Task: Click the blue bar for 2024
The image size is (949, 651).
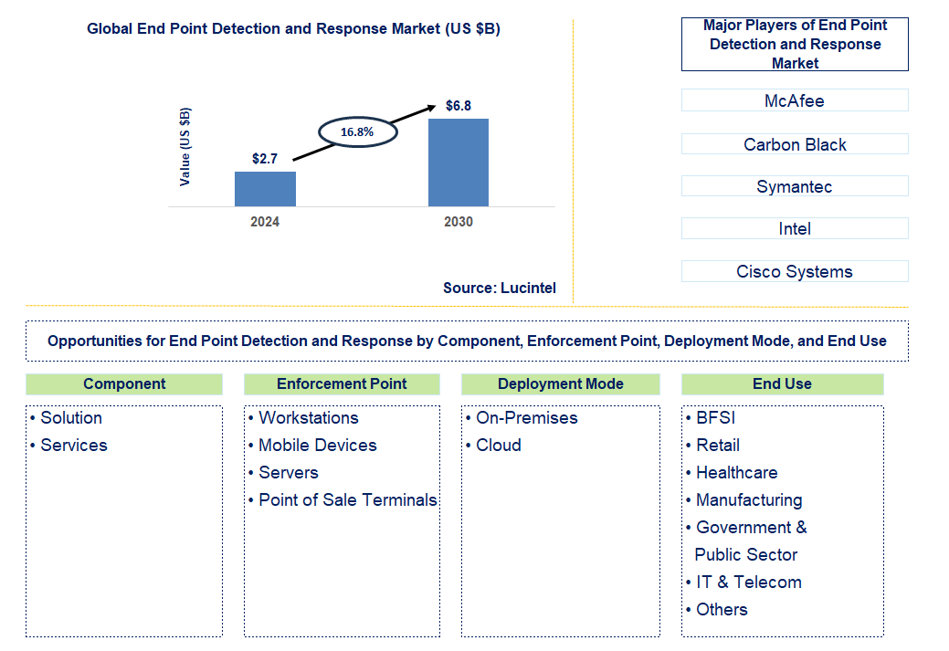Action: [x=265, y=189]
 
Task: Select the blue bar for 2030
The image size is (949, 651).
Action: [x=458, y=163]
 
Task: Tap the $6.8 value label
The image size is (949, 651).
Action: [x=458, y=106]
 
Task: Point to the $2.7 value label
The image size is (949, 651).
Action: [x=265, y=158]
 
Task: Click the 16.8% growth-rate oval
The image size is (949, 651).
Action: [x=357, y=132]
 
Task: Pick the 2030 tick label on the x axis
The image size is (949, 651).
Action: [x=458, y=222]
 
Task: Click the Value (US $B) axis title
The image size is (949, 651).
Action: [x=185, y=147]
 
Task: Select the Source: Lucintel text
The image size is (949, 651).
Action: [x=499, y=288]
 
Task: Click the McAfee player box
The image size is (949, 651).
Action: [x=794, y=100]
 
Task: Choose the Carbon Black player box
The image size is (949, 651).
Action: [x=794, y=144]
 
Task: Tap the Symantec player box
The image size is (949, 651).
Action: [x=794, y=186]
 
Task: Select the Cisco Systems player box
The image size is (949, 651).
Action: [x=794, y=271]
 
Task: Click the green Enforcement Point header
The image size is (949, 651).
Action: [x=342, y=383]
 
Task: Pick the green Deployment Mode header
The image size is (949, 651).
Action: [x=560, y=383]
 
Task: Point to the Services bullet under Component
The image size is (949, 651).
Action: [x=73, y=446]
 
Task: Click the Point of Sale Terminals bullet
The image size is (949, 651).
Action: [x=347, y=500]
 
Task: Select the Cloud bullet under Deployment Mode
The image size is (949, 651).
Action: [x=498, y=446]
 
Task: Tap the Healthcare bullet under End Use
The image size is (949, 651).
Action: [x=736, y=473]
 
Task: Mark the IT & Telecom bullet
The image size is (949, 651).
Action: [x=748, y=583]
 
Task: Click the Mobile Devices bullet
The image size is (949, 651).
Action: [x=317, y=446]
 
